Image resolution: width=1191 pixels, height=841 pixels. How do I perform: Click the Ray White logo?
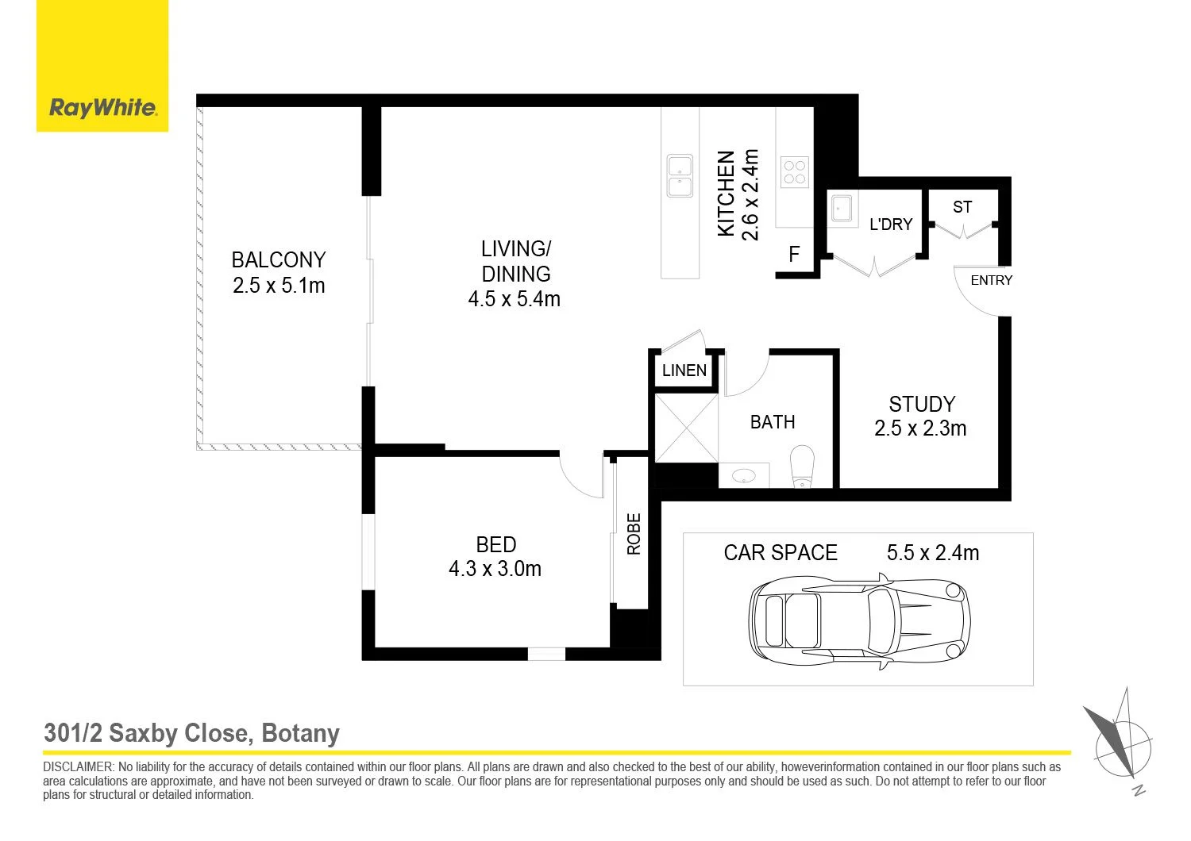click(102, 66)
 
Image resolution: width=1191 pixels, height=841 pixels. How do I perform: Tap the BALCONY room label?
click(279, 259)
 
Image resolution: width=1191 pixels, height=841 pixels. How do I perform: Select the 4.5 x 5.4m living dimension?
click(515, 299)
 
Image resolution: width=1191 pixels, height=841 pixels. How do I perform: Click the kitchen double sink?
click(680, 176)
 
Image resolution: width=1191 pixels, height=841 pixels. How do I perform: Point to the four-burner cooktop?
click(795, 172)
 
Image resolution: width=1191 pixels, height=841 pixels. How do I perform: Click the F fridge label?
click(794, 255)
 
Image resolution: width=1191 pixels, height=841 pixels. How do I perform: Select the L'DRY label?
click(891, 225)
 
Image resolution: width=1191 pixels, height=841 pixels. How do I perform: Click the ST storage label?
click(962, 206)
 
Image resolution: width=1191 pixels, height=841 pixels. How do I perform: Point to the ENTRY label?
click(992, 280)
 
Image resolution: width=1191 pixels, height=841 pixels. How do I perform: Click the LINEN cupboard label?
click(684, 371)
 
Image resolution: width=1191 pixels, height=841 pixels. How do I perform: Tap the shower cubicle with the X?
click(687, 428)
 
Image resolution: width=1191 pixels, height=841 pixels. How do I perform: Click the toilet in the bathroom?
click(802, 466)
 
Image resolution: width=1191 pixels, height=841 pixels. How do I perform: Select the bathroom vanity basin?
click(744, 475)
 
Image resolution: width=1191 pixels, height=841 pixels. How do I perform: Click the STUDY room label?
click(922, 405)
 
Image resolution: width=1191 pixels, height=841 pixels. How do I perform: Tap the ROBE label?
click(634, 534)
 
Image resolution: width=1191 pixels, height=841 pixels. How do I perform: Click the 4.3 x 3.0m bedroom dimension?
click(495, 569)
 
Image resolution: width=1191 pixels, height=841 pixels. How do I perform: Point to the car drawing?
click(859, 621)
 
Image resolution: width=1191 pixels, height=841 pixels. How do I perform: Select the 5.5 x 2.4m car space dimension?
click(933, 553)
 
